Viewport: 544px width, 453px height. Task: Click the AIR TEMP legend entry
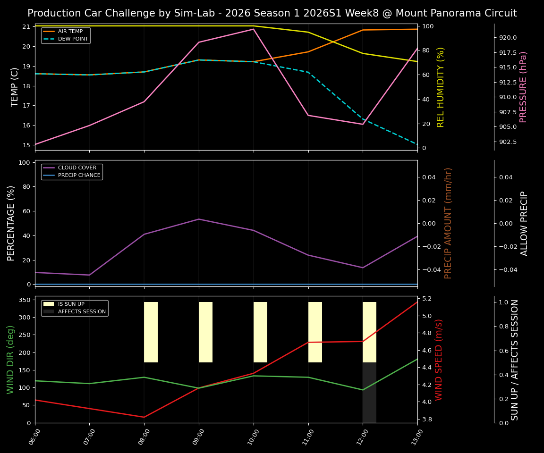point(70,32)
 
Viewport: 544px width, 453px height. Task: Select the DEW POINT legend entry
point(73,39)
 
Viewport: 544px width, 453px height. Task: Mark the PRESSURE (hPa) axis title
point(523,87)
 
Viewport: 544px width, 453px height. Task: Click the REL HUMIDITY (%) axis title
point(441,87)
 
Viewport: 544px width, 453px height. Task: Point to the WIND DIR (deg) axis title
point(10,360)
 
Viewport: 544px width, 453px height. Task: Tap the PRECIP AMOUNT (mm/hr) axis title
point(448,223)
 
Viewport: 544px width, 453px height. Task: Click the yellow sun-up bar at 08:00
point(151,332)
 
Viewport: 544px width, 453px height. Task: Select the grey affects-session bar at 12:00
point(369,393)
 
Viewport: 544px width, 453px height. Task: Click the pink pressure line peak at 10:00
point(254,29)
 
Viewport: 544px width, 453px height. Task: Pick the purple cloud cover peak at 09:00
point(199,219)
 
